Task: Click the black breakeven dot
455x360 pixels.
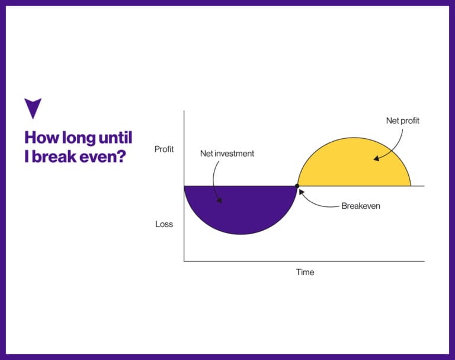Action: pos(297,186)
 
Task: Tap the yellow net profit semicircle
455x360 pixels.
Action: pos(354,165)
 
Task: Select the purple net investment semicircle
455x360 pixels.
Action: pos(241,206)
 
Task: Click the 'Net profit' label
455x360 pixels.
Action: pos(402,120)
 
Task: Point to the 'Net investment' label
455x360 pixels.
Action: pos(227,154)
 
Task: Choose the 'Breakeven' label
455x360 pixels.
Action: pos(361,206)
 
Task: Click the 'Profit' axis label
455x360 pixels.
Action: pos(164,149)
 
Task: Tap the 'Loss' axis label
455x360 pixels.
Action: pos(164,224)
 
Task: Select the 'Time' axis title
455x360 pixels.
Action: pos(305,272)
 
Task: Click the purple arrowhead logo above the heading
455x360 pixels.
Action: pos(33,107)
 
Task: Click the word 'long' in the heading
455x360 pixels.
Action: pos(79,138)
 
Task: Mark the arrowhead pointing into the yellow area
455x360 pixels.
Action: pos(376,158)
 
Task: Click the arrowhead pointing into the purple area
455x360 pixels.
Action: pos(219,200)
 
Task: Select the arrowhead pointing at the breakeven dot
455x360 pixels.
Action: pos(302,192)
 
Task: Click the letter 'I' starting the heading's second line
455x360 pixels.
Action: pos(27,157)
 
